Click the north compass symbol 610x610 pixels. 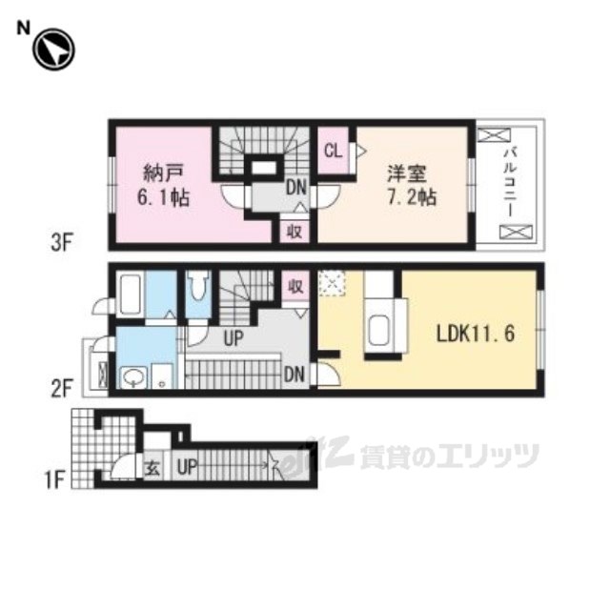53,50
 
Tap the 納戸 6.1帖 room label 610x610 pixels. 163,185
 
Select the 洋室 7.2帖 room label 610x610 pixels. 411,185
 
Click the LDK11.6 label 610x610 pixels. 476,334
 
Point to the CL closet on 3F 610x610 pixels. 334,151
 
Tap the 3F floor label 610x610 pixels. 62,243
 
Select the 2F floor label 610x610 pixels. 62,388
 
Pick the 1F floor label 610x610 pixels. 54,479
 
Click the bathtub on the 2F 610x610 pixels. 131,295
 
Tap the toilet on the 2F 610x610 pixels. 198,286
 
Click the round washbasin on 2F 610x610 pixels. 133,377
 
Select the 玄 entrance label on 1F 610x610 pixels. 152,468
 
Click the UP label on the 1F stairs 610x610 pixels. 188,466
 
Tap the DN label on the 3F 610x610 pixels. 296,188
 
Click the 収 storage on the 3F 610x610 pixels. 295,233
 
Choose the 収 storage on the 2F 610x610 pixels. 295,286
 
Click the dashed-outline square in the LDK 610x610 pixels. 332,283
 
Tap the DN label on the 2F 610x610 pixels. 295,375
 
